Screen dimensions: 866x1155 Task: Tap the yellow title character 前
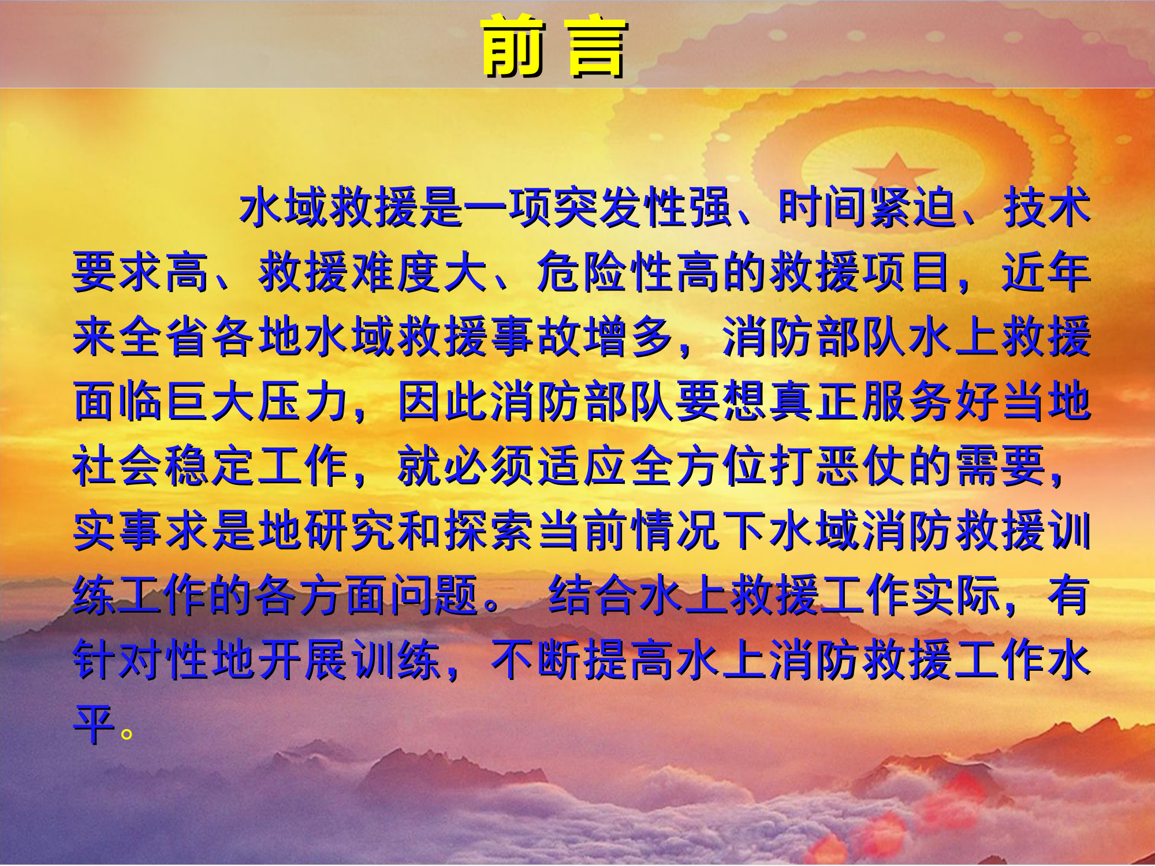[x=513, y=46]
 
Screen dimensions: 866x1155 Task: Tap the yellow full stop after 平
[x=126, y=734]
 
